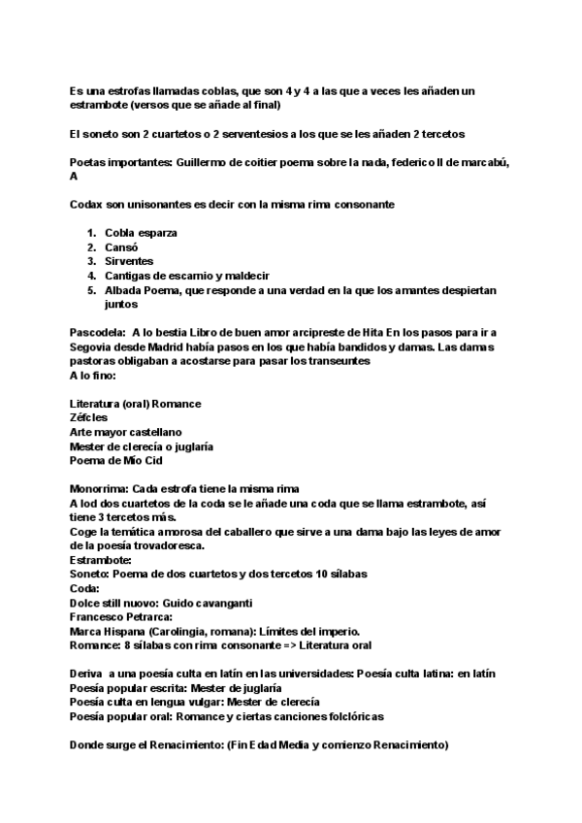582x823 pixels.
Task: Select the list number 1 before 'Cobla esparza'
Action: click(x=92, y=233)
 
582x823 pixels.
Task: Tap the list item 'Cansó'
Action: click(x=121, y=247)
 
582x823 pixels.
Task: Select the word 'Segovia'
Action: click(x=92, y=346)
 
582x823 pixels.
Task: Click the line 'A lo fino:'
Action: click(x=93, y=375)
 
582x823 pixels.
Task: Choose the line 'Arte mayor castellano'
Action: click(x=125, y=432)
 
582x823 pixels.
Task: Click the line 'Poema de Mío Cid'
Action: click(x=115, y=460)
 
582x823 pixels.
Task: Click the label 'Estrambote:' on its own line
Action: click(x=100, y=560)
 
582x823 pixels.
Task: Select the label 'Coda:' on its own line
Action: click(x=84, y=588)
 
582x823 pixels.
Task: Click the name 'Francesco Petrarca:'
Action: click(x=120, y=617)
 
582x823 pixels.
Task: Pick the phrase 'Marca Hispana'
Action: click(x=107, y=631)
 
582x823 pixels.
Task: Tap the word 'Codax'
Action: click(x=87, y=205)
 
